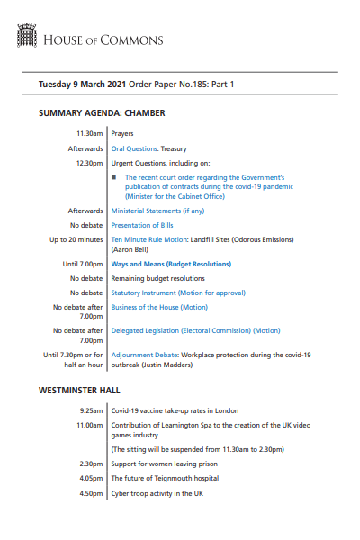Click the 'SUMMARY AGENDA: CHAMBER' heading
click(x=102, y=113)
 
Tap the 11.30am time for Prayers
click(x=89, y=133)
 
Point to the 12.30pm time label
click(x=89, y=163)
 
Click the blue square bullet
click(x=114, y=178)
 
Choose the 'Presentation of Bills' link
click(x=141, y=225)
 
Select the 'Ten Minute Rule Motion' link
click(x=149, y=240)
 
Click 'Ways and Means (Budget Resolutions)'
click(x=170, y=264)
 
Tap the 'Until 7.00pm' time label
click(x=83, y=264)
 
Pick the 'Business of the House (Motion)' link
click(x=158, y=307)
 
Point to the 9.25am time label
click(x=90, y=410)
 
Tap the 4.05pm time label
click(x=90, y=478)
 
